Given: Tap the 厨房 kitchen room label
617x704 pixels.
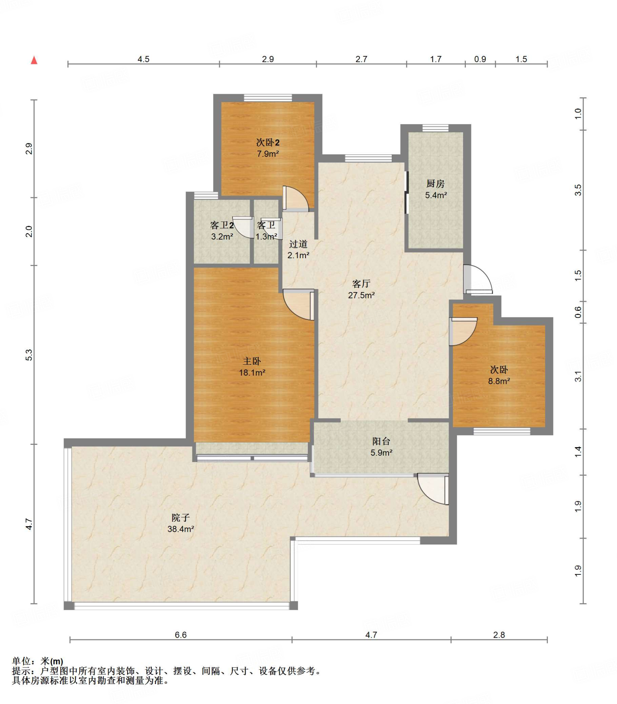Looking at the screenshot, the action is pos(436,184).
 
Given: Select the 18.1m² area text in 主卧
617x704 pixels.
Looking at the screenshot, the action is pos(252,373).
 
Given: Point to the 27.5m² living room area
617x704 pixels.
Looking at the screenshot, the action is pos(361,295).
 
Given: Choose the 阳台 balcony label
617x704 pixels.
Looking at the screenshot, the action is pos(381,441).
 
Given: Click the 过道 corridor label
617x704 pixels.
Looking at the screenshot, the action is pos(298,244).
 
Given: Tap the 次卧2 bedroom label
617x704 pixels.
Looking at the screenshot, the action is pos(268,143).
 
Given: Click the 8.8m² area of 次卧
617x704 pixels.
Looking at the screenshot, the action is pos(499,381).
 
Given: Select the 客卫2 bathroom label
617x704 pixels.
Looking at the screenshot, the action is pos(222,225).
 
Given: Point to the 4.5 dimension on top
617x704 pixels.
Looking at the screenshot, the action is pos(144,59).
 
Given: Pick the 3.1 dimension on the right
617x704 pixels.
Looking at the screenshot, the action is pos(578,376).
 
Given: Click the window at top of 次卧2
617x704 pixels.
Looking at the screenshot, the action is pos(268,98).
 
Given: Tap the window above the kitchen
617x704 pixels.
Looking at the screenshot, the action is pos(436,128).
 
